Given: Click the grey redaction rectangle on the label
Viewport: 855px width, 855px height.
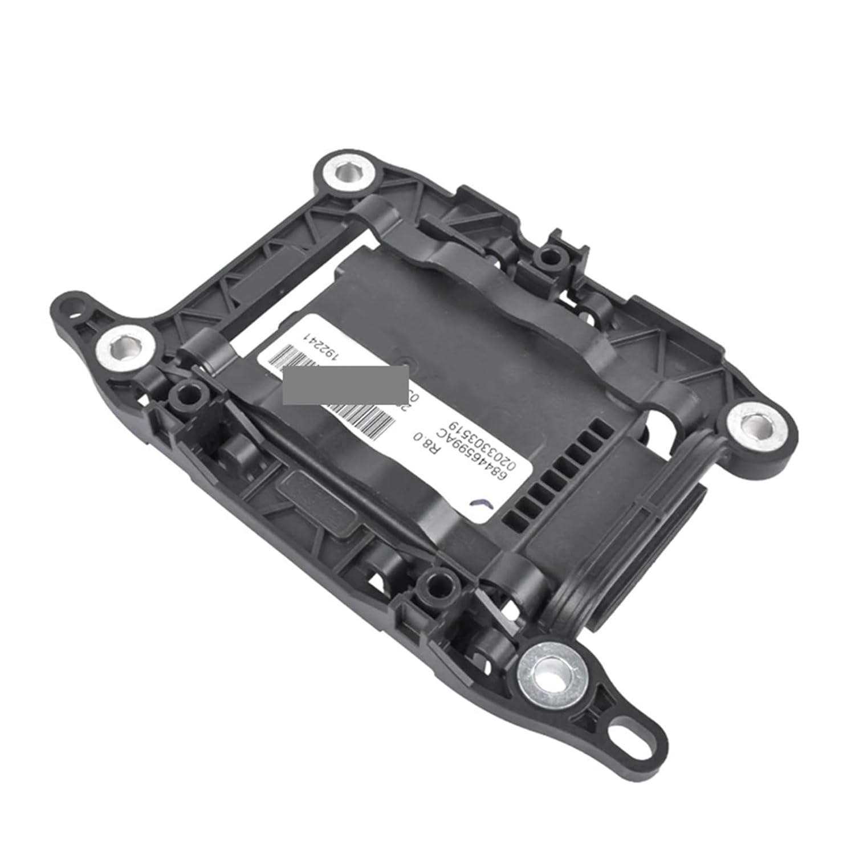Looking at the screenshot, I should [345, 386].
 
